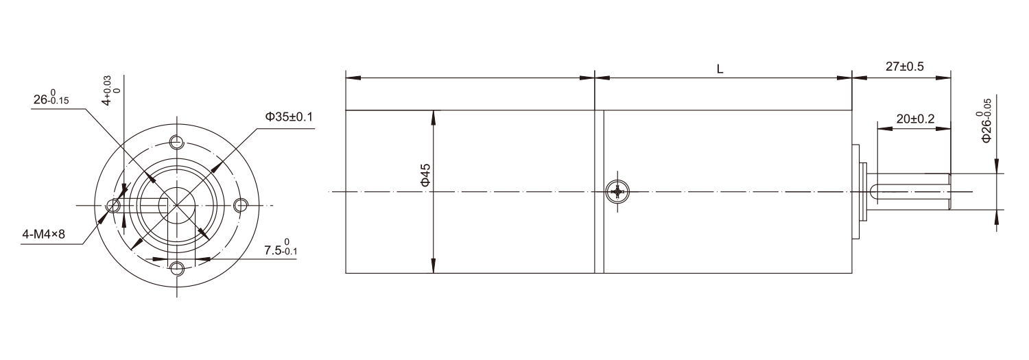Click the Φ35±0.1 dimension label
[289, 117]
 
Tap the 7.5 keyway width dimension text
[281, 248]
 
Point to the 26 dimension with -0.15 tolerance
[52, 99]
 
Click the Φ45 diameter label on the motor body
[425, 175]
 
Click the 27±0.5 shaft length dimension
[905, 67]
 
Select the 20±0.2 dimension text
[915, 119]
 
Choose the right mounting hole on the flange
[241, 205]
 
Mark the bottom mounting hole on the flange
[178, 267]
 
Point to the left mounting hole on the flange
[115, 205]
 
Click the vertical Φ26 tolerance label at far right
[986, 120]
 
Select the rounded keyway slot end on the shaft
[874, 192]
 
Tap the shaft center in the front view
[178, 205]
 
